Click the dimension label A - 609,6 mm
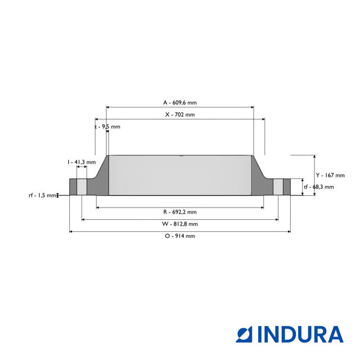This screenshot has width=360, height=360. pyautogui.click(x=180, y=103)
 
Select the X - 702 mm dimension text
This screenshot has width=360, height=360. pyautogui.click(x=180, y=115)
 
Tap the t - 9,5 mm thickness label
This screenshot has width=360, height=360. pyautogui.click(x=107, y=127)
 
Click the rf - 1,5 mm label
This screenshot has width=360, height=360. pyautogui.click(x=43, y=195)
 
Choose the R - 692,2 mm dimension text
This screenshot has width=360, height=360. pyautogui.click(x=180, y=212)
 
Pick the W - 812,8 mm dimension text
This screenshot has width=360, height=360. pyautogui.click(x=180, y=224)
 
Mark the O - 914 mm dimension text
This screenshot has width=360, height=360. pyautogui.click(x=180, y=236)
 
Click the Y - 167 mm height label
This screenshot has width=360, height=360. pyautogui.click(x=330, y=175)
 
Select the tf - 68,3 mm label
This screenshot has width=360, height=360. pyautogui.click(x=318, y=187)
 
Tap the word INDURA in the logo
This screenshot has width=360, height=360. pyautogui.click(x=300, y=334)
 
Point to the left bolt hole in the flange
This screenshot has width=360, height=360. pyautogui.click(x=82, y=187)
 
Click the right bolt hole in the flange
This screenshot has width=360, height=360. pyautogui.click(x=278, y=187)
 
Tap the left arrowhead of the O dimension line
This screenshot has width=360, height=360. pyautogui.click(x=71, y=231)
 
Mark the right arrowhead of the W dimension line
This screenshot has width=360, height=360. pyautogui.click(x=277, y=219)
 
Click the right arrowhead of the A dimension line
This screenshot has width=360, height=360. pyautogui.click(x=252, y=107)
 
